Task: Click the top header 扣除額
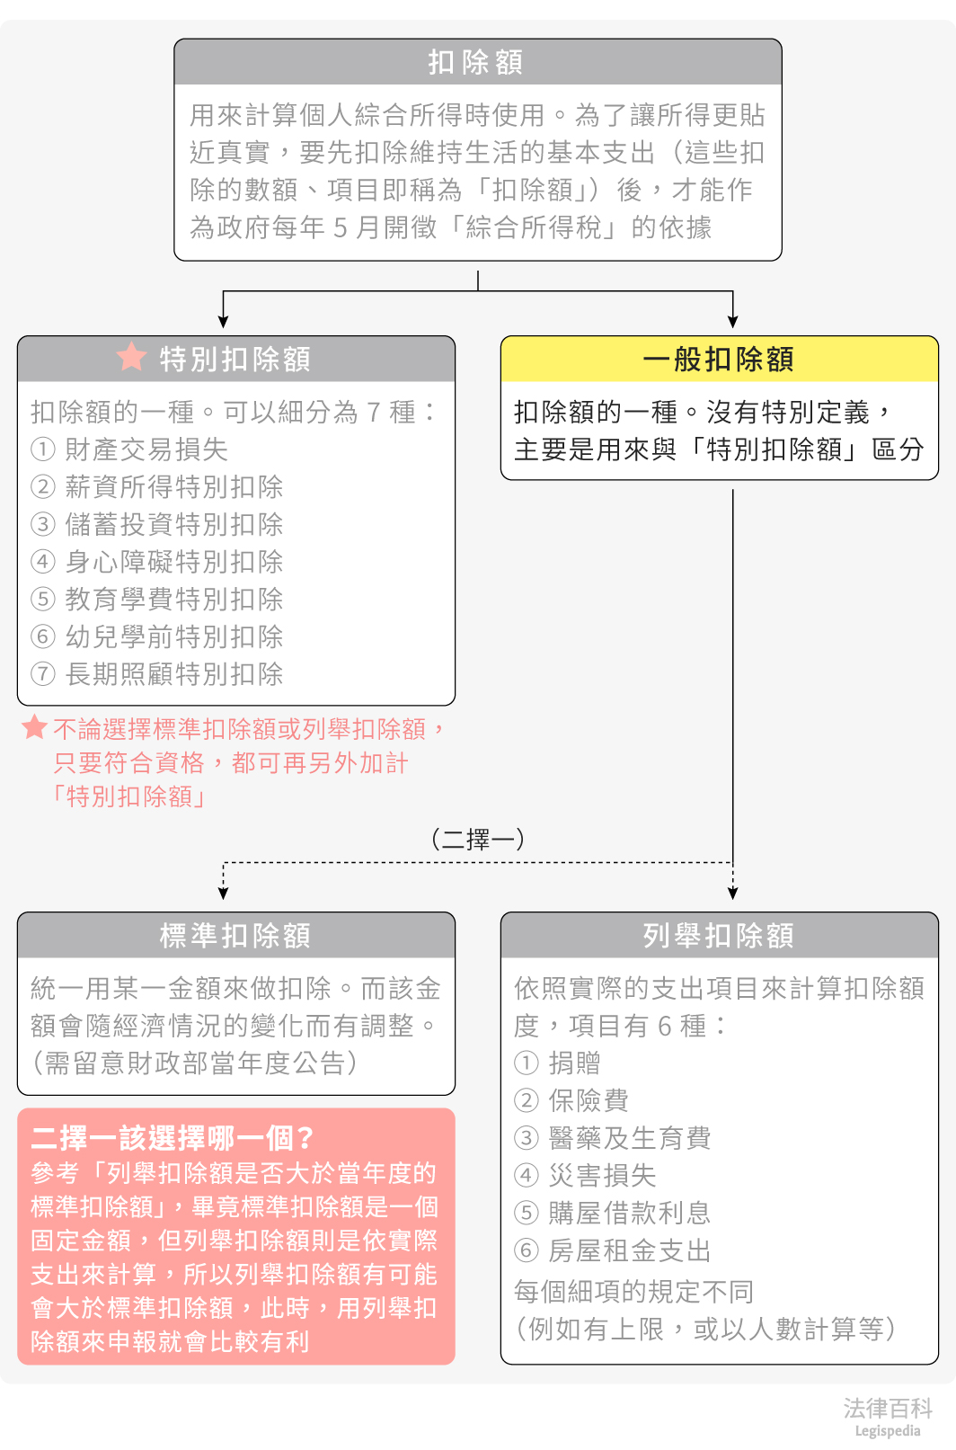477,62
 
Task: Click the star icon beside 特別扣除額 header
131,357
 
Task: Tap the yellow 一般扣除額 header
719,360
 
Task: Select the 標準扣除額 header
235,936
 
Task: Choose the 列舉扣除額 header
719,936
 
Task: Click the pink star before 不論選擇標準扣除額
34,727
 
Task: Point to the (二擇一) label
477,840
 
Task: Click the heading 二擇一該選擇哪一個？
172,1138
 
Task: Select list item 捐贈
574,1063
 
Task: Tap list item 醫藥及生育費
629,1138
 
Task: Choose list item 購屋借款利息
629,1213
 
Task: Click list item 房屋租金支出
629,1250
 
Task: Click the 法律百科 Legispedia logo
888,1417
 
